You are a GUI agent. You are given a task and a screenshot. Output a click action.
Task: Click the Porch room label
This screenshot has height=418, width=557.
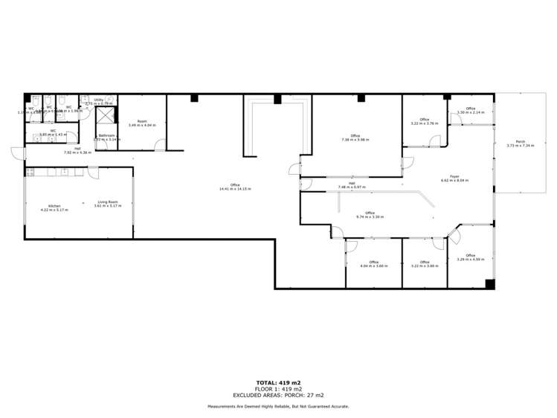pos(515,141)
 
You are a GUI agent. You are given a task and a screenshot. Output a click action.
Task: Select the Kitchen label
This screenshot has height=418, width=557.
pos(54,206)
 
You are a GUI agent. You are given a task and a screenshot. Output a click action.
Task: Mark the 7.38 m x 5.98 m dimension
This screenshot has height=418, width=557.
pos(355,139)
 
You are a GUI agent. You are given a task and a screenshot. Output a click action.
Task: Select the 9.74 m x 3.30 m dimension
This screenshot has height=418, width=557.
pos(370,217)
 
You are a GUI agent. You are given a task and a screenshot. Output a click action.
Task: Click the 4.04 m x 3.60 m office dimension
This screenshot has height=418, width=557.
pos(373,266)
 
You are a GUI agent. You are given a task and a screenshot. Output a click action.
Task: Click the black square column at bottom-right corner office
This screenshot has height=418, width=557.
pos(489,283)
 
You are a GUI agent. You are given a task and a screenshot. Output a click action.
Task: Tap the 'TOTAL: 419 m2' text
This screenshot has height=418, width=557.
pos(278,382)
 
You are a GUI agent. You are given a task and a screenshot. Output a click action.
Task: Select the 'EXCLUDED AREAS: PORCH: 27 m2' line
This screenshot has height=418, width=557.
pos(278,395)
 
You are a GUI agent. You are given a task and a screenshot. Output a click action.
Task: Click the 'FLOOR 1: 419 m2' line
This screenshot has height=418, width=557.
pos(278,389)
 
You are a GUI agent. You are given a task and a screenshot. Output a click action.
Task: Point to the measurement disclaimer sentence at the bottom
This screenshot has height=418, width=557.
pos(278,406)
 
